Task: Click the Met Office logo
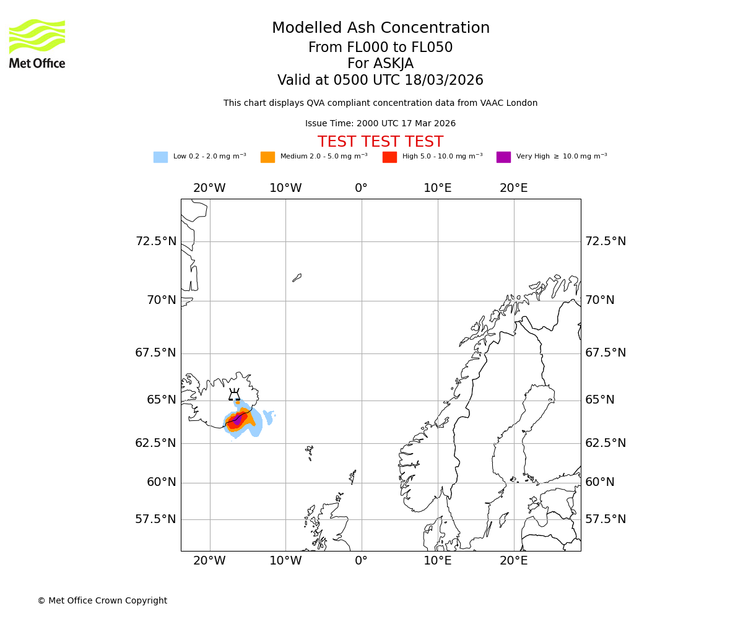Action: (37, 43)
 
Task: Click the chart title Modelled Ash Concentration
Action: (380, 28)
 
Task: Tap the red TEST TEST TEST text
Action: (380, 142)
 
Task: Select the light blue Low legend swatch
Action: (160, 157)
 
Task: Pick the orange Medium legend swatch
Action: (267, 157)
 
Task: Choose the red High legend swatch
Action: (389, 157)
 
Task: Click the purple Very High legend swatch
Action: (503, 157)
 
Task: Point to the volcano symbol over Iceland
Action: (234, 395)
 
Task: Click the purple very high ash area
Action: (237, 420)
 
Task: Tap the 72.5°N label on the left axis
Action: (155, 241)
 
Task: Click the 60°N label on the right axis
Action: (599, 482)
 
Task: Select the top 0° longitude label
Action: (362, 188)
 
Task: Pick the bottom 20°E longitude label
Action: (514, 561)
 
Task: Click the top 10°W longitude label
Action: (285, 188)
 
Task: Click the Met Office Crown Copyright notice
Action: (102, 600)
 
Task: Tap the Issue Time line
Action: (380, 124)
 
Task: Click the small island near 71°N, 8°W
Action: (297, 278)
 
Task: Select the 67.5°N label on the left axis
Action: (155, 353)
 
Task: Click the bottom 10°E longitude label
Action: (438, 561)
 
